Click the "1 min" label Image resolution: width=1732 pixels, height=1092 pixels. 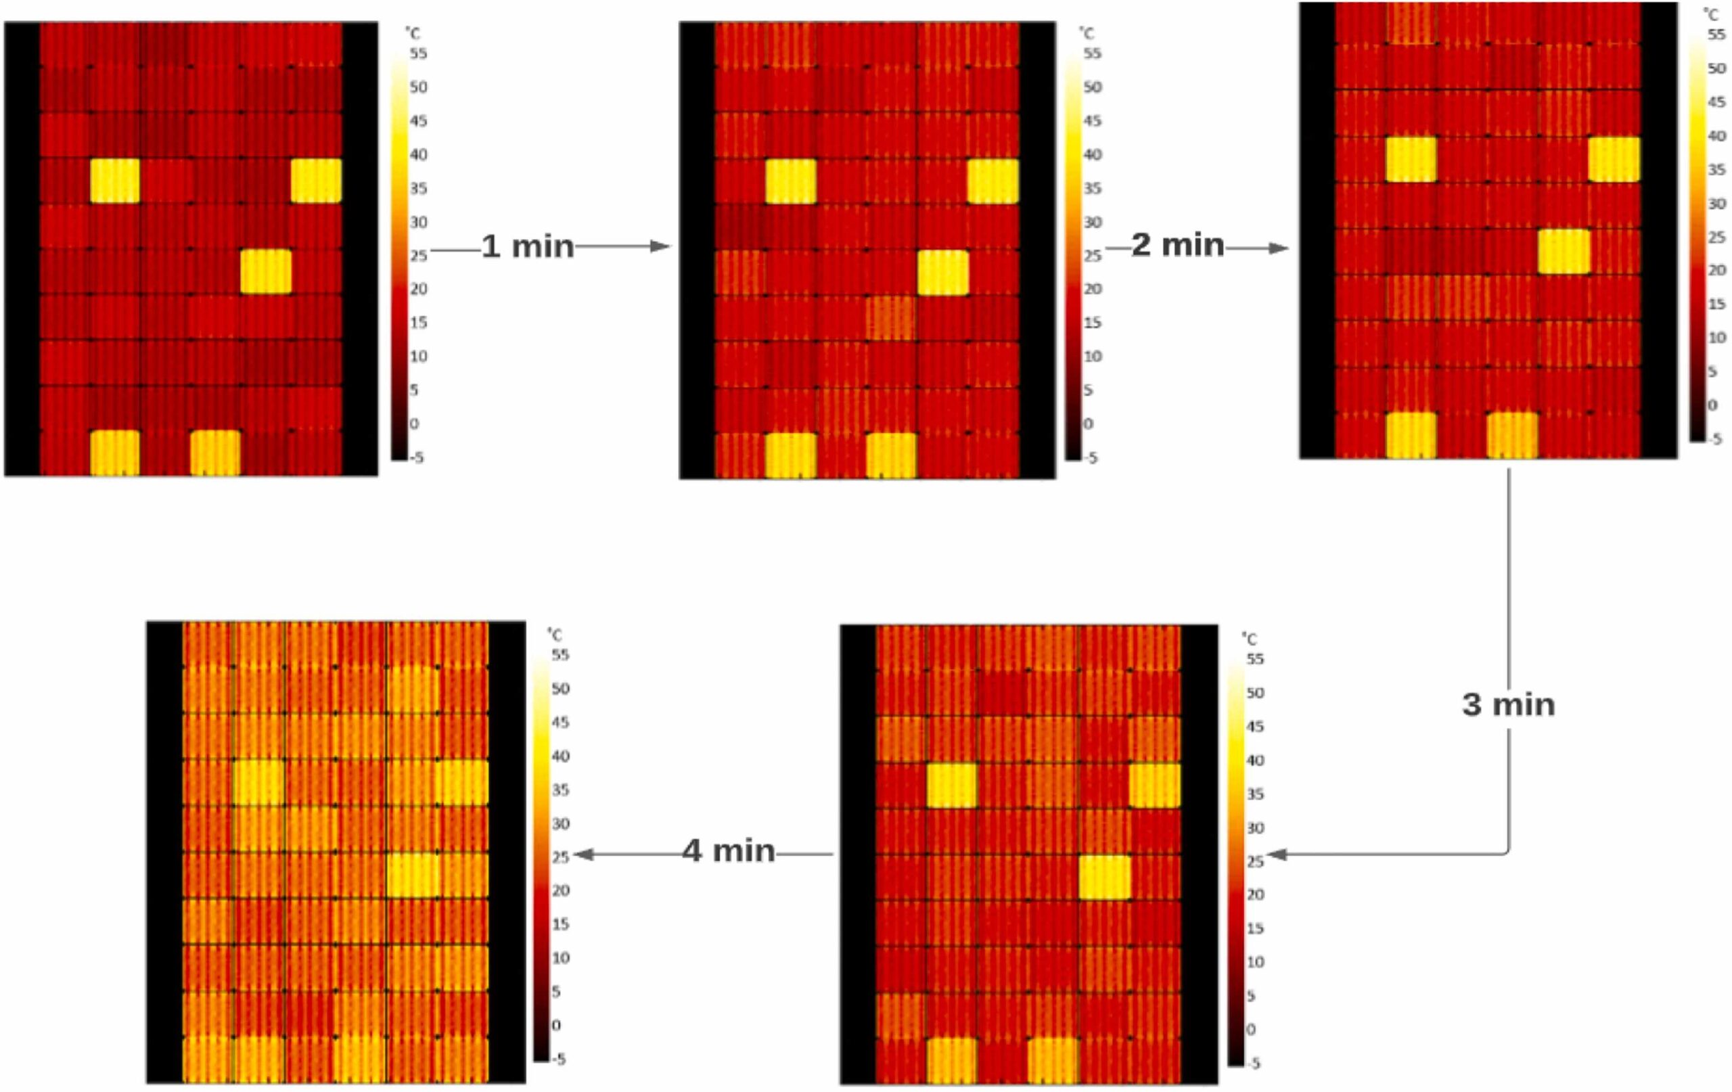click(527, 247)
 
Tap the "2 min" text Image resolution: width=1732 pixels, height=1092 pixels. click(1177, 246)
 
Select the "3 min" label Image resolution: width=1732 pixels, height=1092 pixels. click(1508, 704)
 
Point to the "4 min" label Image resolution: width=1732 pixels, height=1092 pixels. click(729, 851)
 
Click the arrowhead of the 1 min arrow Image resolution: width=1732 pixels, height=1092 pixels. click(660, 247)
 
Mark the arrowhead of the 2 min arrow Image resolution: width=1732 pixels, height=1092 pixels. click(1278, 248)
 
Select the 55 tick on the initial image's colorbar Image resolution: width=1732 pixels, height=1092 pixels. click(418, 53)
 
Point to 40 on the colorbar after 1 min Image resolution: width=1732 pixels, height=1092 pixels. click(1092, 155)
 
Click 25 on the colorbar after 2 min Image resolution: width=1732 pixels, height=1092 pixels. click(1716, 237)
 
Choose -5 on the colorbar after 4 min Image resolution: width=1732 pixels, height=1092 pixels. click(557, 1059)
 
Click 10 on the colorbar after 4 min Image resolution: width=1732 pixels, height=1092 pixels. click(560, 957)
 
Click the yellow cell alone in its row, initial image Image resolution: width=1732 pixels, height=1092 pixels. click(266, 271)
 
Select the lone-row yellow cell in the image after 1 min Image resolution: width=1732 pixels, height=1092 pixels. click(943, 273)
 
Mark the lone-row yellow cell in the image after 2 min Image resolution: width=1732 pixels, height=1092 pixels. click(1564, 252)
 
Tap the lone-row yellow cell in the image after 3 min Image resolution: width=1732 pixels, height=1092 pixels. click(1105, 877)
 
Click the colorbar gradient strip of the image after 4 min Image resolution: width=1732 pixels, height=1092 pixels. click(541, 856)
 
